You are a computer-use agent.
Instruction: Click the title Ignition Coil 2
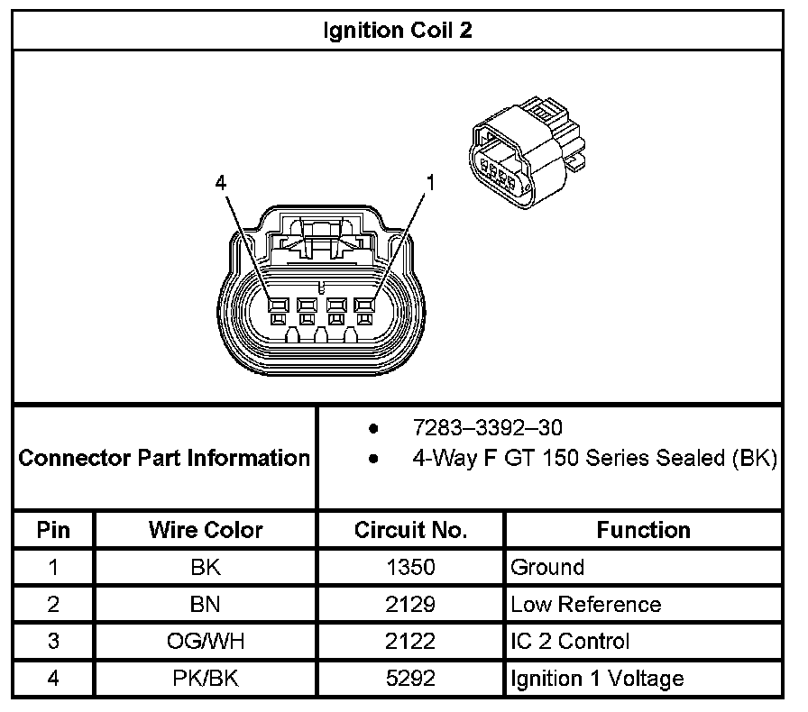click(398, 31)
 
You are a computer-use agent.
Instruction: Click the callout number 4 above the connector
click(221, 182)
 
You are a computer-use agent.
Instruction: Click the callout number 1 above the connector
click(430, 182)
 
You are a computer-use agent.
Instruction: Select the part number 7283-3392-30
click(487, 427)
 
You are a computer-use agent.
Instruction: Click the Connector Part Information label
click(164, 458)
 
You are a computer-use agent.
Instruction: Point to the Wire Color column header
click(206, 530)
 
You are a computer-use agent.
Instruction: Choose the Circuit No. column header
click(410, 530)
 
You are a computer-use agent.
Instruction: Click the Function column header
click(643, 530)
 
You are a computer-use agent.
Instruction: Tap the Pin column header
click(53, 530)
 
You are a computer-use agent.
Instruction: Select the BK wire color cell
click(206, 568)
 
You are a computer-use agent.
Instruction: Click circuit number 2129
click(410, 605)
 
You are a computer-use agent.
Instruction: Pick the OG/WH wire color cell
click(206, 642)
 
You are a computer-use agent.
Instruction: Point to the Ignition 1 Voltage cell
click(597, 679)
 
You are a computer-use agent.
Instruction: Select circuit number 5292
click(410, 679)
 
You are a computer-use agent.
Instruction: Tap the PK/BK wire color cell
click(206, 679)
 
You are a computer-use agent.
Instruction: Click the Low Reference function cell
click(585, 605)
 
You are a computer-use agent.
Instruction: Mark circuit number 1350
click(410, 568)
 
